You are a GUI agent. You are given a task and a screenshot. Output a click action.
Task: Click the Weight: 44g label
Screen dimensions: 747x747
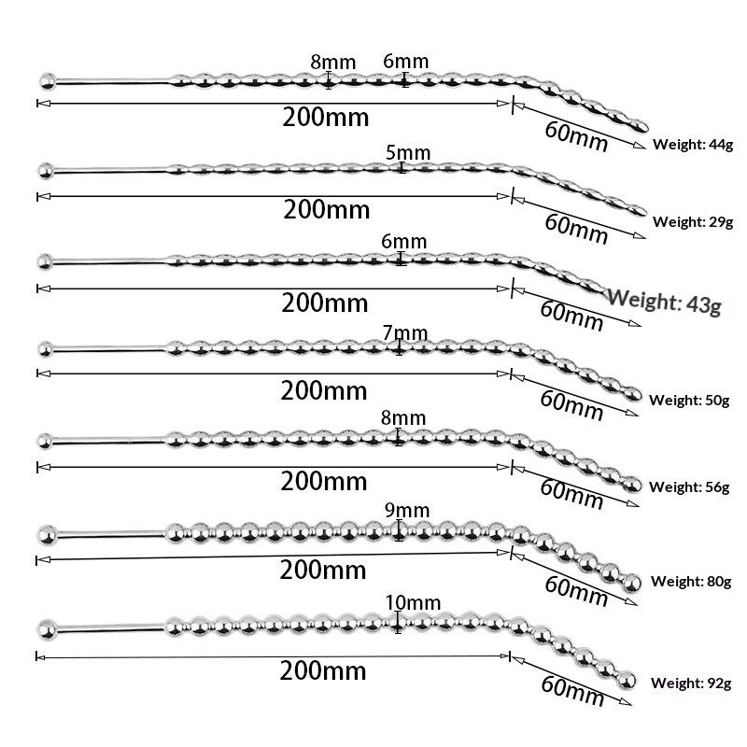(x=693, y=145)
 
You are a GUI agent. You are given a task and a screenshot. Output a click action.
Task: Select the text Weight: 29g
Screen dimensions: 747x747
(x=693, y=222)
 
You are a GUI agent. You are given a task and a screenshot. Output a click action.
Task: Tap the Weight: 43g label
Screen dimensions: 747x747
(x=664, y=302)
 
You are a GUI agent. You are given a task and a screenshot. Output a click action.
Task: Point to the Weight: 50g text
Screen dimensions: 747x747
(x=689, y=401)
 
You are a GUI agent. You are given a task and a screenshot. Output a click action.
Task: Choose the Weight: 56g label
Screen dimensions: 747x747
(x=689, y=486)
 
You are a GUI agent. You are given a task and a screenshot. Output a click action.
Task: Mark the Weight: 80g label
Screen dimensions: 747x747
(x=691, y=581)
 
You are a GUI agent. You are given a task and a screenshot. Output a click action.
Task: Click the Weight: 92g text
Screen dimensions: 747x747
(x=691, y=684)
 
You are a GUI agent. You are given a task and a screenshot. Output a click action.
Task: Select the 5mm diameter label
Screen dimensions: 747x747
(x=408, y=153)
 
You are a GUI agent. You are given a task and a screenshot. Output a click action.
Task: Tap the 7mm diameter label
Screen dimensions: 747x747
(x=405, y=333)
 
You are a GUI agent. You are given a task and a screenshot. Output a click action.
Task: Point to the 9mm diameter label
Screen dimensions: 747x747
(x=407, y=510)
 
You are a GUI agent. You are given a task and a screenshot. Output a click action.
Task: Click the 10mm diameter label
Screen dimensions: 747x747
(x=413, y=602)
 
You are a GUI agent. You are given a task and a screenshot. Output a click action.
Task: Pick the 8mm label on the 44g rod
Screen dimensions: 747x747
(x=333, y=62)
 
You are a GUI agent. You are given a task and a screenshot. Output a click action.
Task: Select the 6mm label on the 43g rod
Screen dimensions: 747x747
(x=403, y=242)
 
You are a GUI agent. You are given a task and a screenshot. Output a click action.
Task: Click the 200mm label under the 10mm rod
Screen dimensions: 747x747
(x=322, y=670)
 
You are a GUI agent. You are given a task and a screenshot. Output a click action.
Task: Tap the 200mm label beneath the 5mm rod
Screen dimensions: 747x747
(x=326, y=209)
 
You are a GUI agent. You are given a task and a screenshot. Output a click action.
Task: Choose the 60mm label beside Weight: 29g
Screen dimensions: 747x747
(x=576, y=229)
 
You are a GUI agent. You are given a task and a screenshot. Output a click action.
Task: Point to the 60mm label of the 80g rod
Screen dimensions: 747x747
(x=576, y=591)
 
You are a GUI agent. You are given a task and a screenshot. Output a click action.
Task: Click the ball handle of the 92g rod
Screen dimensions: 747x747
(x=48, y=629)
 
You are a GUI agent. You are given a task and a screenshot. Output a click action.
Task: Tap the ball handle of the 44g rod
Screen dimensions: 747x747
(x=48, y=81)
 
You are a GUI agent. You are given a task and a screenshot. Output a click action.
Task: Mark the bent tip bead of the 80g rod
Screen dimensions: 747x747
(x=632, y=583)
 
